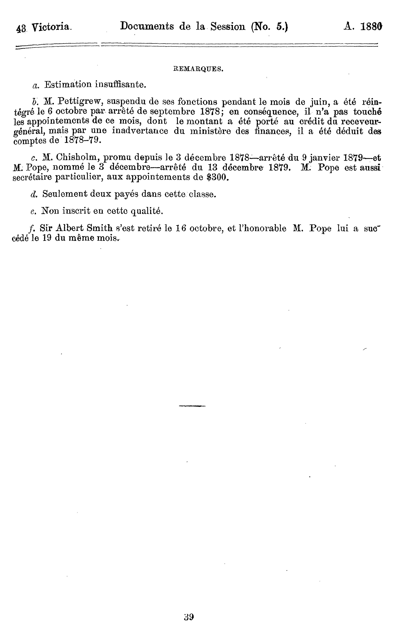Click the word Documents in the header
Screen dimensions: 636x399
point(147,26)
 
